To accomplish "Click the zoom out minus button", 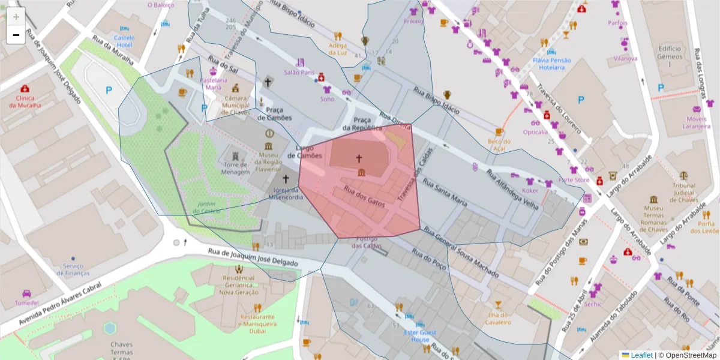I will (16, 35).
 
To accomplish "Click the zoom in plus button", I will (16, 17).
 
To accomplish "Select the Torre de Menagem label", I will (236, 168).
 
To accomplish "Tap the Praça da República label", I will (362, 124).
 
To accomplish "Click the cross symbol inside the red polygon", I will (359, 158).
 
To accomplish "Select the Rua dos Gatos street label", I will (364, 197).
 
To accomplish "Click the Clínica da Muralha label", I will (25, 101).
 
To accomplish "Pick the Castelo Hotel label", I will (124, 41).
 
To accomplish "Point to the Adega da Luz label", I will (338, 49).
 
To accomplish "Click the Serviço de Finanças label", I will (73, 269).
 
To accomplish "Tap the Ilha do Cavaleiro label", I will (497, 318).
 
